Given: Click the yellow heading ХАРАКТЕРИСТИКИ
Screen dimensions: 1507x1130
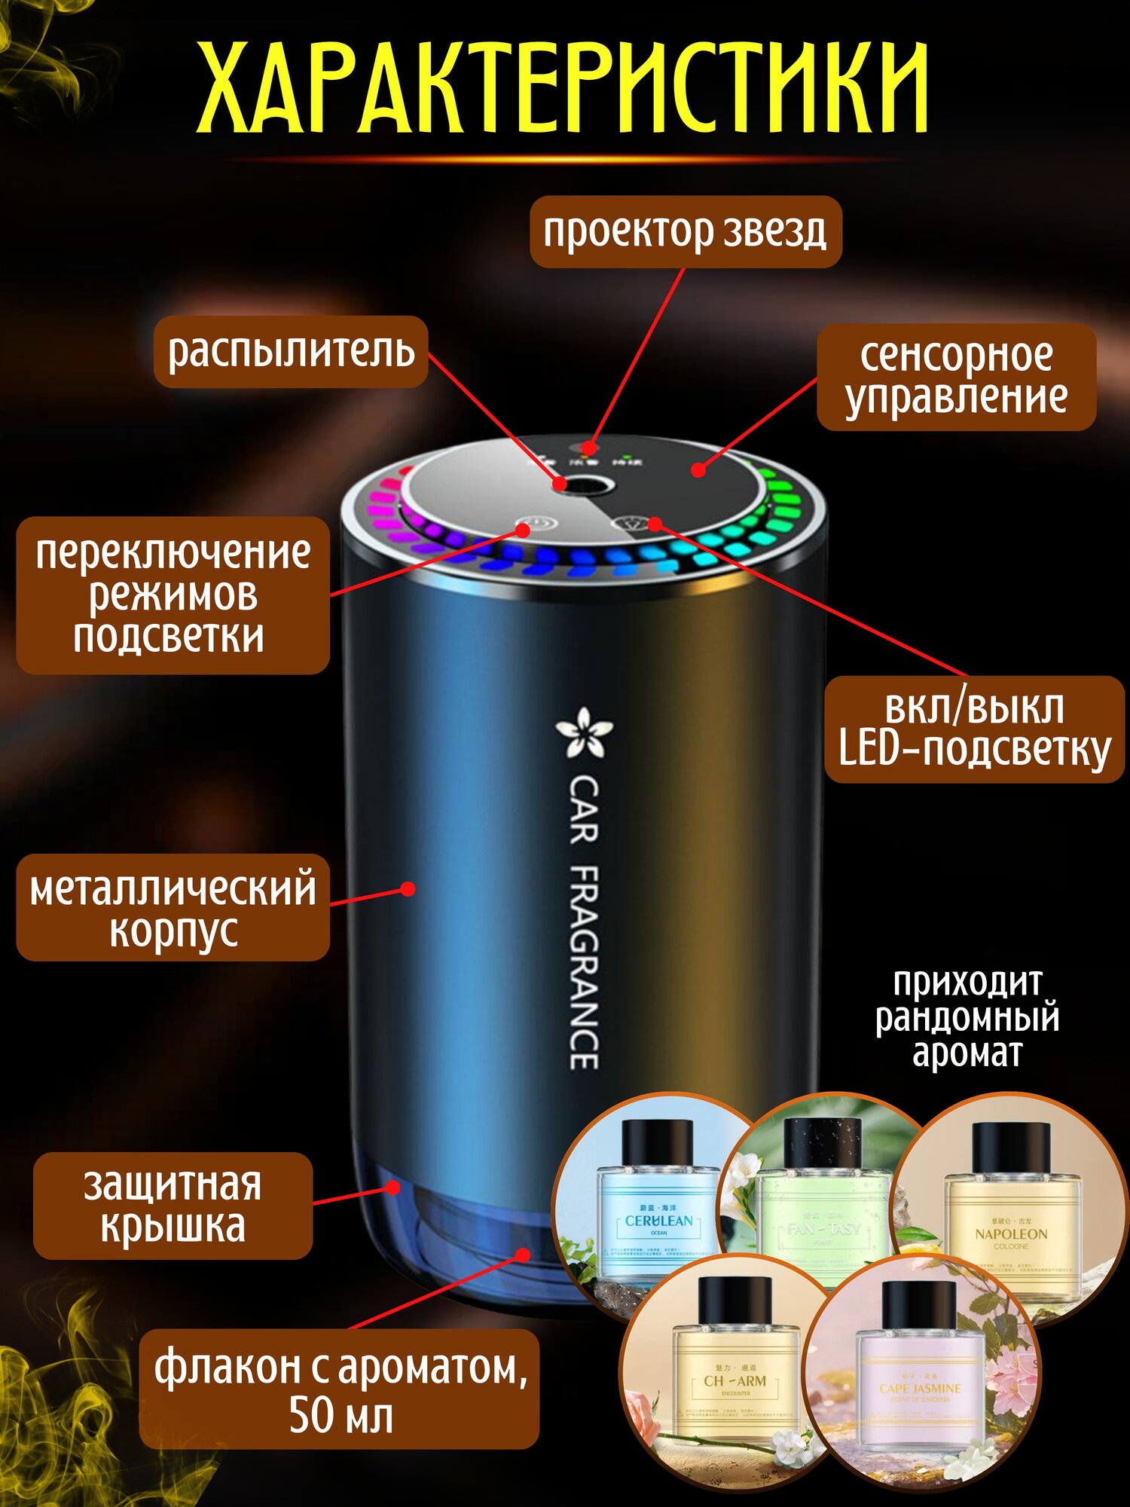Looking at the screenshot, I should [x=563, y=88].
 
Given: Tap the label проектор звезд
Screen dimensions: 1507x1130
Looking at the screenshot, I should [x=685, y=231].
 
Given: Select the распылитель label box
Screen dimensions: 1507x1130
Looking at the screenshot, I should [x=291, y=351].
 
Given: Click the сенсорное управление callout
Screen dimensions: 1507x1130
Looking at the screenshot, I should [x=956, y=377].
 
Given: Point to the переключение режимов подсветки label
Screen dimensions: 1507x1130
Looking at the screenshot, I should [x=173, y=595].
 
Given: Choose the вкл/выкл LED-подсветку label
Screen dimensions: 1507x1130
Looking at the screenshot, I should [x=974, y=729].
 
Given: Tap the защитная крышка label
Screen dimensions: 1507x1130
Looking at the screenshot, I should [x=173, y=1205].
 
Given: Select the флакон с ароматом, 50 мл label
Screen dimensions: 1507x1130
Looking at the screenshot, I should [x=340, y=1389].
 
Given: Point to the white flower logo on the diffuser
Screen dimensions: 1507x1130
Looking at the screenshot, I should [x=584, y=732].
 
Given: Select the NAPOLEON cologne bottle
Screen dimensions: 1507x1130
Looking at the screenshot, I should [x=1010, y=1221].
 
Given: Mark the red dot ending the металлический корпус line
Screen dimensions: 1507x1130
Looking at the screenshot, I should [x=408, y=889].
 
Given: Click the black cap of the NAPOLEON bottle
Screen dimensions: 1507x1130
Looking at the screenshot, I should [x=1010, y=1147].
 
